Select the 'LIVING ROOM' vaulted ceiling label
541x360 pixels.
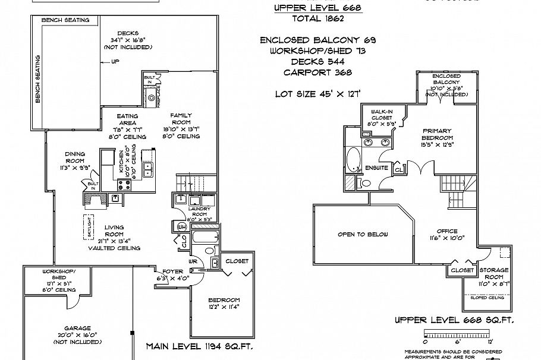114,237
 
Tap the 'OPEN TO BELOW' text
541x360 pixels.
363,234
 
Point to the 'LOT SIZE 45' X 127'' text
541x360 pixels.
319,93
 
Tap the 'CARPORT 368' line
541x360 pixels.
317,72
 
